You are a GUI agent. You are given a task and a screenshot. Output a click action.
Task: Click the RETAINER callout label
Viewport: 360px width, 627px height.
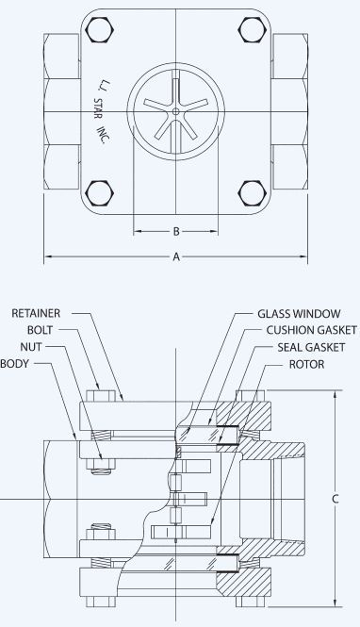pyautogui.click(x=36, y=313)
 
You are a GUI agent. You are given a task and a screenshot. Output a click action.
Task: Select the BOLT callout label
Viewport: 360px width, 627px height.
pyautogui.click(x=40, y=330)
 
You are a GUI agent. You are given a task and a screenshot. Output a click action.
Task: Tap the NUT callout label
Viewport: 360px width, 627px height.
pyautogui.click(x=31, y=347)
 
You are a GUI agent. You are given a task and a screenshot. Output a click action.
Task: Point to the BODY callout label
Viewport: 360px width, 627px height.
pyautogui.click(x=15, y=364)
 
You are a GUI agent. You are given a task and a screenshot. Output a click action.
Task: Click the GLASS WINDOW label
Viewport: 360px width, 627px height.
pyautogui.click(x=299, y=313)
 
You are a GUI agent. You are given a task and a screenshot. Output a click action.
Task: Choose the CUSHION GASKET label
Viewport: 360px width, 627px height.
pyautogui.click(x=312, y=330)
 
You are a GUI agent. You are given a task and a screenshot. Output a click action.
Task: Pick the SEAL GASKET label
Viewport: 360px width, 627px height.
pyautogui.click(x=311, y=347)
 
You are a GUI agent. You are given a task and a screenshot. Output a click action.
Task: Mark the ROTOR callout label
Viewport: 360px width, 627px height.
pyautogui.click(x=307, y=364)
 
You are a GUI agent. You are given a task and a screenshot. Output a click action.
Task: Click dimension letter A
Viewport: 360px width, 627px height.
pyautogui.click(x=176, y=257)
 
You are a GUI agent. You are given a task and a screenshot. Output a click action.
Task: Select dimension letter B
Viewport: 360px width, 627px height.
pyautogui.click(x=176, y=232)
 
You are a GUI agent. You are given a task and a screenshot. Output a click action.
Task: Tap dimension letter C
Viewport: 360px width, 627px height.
pyautogui.click(x=335, y=499)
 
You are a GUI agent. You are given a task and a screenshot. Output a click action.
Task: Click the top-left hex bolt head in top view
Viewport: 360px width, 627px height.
pyautogui.click(x=100, y=30)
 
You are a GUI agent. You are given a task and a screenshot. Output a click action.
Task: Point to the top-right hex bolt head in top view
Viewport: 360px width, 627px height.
pyautogui.click(x=253, y=29)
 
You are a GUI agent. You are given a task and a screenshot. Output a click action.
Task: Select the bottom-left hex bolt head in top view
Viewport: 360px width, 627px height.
pyautogui.click(x=100, y=192)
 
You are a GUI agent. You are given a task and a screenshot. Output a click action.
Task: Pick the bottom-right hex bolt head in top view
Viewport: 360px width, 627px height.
pyautogui.click(x=253, y=193)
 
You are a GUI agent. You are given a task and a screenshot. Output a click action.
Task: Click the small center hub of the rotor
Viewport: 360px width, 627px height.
pyautogui.click(x=176, y=111)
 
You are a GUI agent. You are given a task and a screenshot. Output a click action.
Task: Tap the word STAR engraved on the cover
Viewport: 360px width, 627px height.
pyautogui.click(x=98, y=108)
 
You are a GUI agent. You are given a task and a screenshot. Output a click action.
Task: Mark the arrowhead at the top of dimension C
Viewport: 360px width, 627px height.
pyautogui.click(x=335, y=394)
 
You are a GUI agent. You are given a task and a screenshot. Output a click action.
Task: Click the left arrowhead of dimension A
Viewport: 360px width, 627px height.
pyautogui.click(x=48, y=256)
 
